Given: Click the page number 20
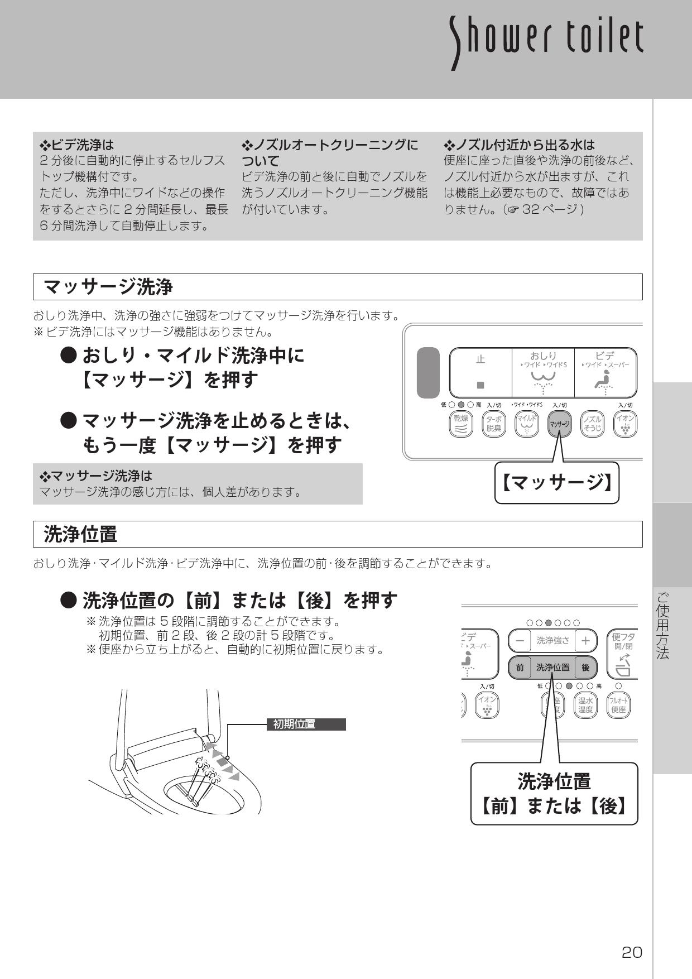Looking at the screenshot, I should point(632,953).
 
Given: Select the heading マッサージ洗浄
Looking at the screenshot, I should point(108,287).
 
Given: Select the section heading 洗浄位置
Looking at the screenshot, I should point(80,534).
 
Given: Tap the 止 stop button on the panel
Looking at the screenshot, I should point(480,372).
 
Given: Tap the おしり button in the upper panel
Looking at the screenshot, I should point(543,372).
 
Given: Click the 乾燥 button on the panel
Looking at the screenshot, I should point(460,424).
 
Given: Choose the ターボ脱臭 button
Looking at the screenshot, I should point(493,424).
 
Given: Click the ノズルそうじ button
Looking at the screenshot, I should point(592,424).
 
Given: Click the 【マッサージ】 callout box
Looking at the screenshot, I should point(557,483).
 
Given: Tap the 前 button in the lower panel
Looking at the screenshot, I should point(520,667).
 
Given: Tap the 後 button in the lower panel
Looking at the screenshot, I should point(585,667).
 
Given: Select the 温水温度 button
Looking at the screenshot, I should point(585,706).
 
